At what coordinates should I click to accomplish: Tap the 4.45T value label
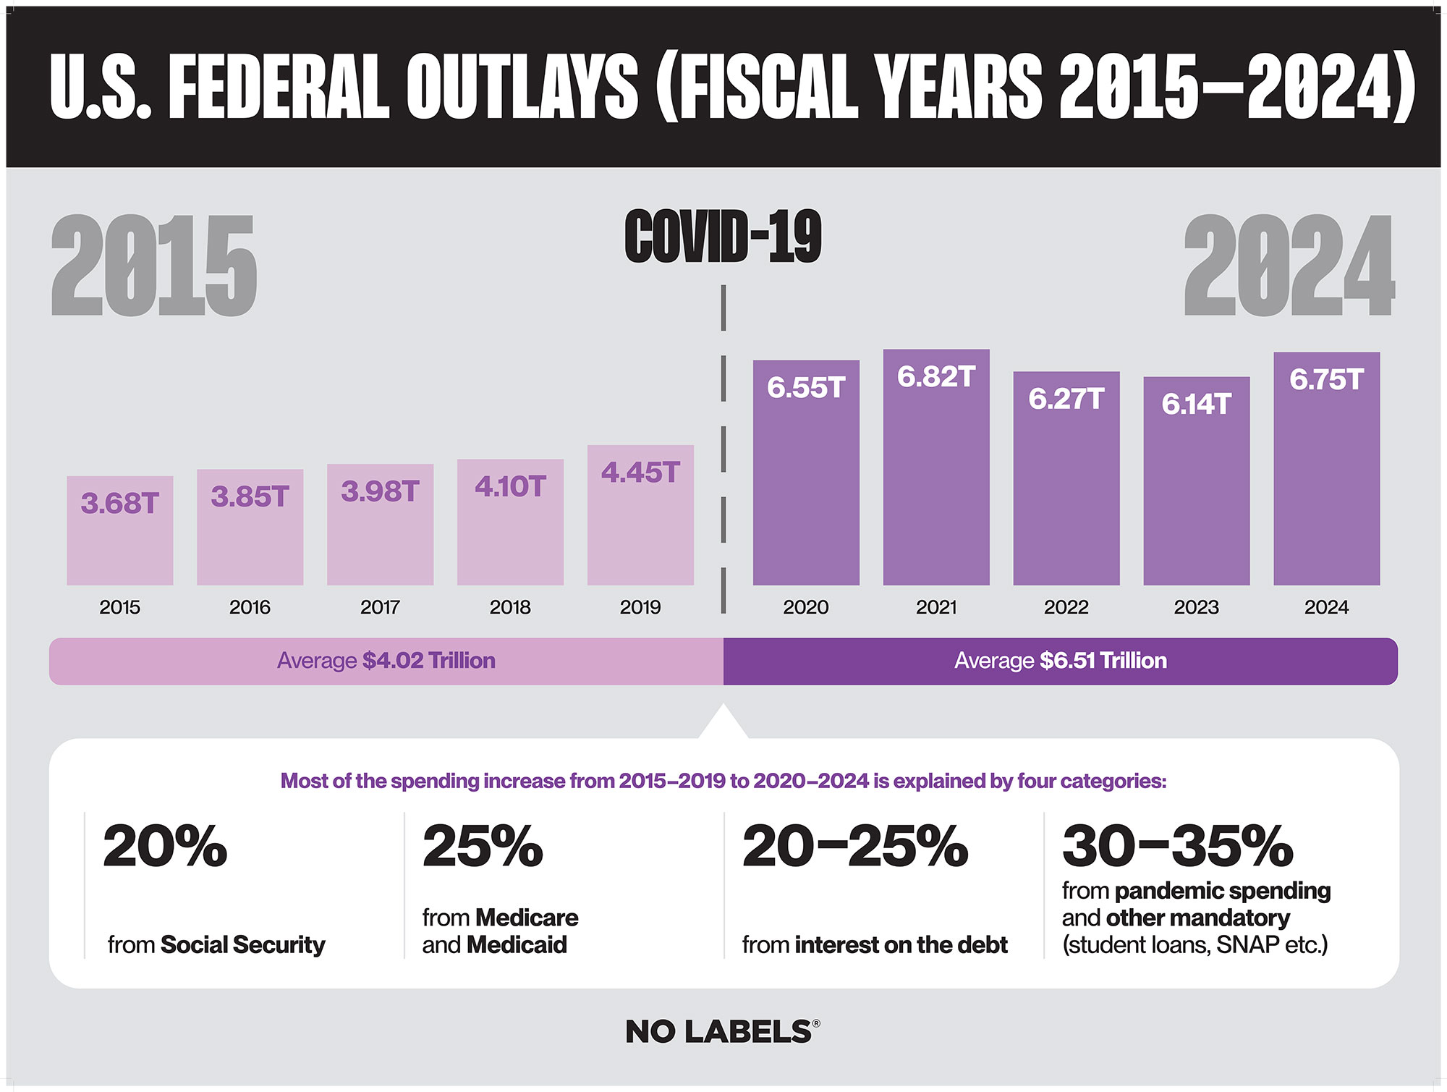(640, 473)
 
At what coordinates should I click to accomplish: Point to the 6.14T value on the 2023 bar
(1196, 404)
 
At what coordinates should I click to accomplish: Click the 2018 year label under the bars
(510, 607)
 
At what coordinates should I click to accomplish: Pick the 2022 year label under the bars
(1066, 607)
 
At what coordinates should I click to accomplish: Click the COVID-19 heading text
(723, 237)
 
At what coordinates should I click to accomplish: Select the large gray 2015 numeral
(153, 266)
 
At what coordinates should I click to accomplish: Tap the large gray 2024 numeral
(1289, 266)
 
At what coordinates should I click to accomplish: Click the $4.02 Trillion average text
(428, 661)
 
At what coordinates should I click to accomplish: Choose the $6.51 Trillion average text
(1103, 661)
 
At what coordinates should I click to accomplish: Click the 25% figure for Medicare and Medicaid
(483, 846)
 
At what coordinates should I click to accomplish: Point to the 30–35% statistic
(1177, 846)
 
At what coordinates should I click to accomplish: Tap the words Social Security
(242, 944)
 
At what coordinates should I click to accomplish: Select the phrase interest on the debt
(901, 944)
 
